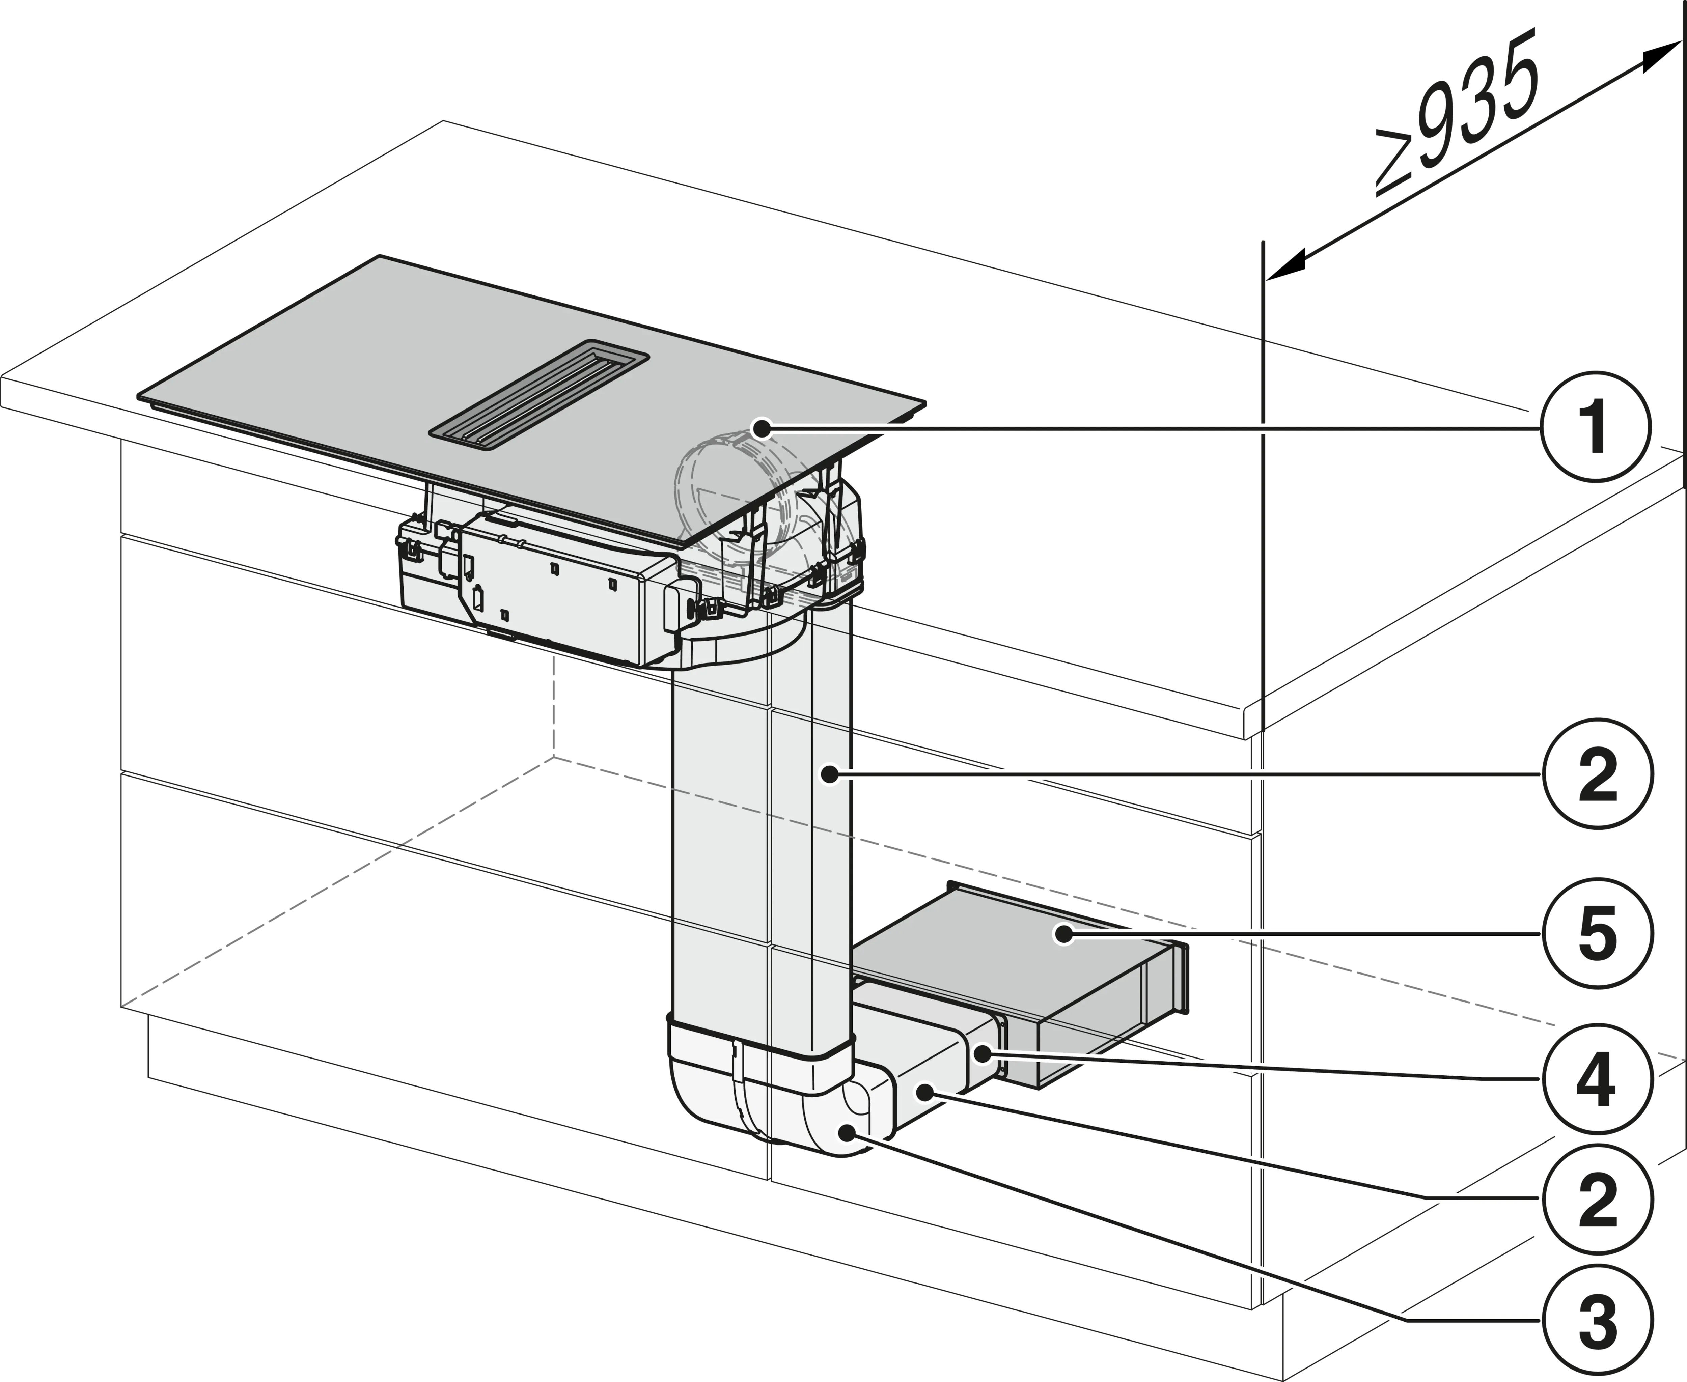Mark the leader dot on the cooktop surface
coord(762,429)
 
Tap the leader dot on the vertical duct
coord(830,772)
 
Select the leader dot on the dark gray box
coord(1063,934)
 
